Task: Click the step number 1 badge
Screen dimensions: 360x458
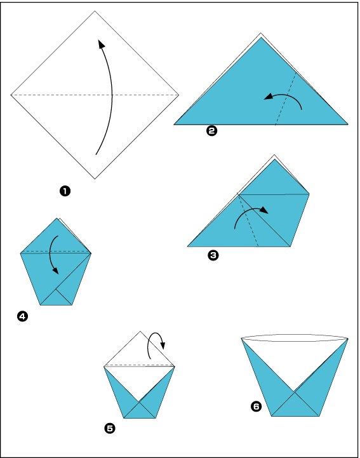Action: (65, 191)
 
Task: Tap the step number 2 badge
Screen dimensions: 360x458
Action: (211, 131)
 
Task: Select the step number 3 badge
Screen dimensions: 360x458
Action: (213, 255)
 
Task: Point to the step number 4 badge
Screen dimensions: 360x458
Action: (22, 316)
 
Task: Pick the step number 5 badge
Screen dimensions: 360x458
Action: (109, 429)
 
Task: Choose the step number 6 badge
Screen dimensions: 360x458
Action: (256, 407)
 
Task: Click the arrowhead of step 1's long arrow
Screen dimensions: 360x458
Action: (101, 44)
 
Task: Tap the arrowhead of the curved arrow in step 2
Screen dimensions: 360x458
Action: (268, 97)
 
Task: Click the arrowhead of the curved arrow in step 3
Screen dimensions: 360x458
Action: (263, 210)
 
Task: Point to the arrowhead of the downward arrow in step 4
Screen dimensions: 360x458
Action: (55, 271)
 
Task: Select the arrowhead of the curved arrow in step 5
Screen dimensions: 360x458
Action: (163, 346)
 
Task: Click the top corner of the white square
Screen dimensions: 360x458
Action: (95, 11)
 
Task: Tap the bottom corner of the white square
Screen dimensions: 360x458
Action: (95, 178)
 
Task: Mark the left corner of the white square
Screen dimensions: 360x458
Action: (11, 95)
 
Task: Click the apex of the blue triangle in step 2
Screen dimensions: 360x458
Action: (261, 37)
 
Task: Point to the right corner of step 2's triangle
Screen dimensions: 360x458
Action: (348, 125)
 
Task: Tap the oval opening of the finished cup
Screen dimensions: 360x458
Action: (295, 337)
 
